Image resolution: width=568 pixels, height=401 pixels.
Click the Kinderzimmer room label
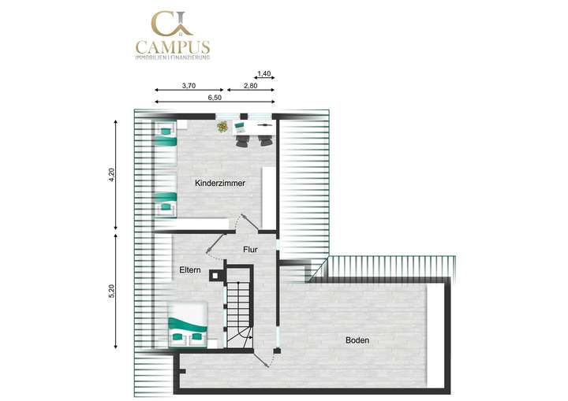pyautogui.click(x=220, y=183)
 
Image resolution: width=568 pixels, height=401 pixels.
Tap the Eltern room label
pyautogui.click(x=189, y=270)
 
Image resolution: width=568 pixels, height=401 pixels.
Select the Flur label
pyautogui.click(x=250, y=250)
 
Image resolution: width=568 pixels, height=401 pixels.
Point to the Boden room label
pyautogui.click(x=357, y=340)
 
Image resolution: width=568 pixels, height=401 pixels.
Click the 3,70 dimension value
pyautogui.click(x=189, y=85)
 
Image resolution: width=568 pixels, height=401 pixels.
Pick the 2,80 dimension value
pyautogui.click(x=250, y=85)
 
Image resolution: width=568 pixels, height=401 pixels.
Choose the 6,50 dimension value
pyautogui.click(x=214, y=97)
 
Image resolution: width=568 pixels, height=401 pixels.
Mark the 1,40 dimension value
pyautogui.click(x=265, y=73)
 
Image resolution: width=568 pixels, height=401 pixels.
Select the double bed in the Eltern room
pyautogui.click(x=188, y=323)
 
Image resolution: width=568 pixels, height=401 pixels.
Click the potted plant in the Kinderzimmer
pyautogui.click(x=223, y=125)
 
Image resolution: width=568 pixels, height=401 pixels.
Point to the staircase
pyautogui.click(x=240, y=307)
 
